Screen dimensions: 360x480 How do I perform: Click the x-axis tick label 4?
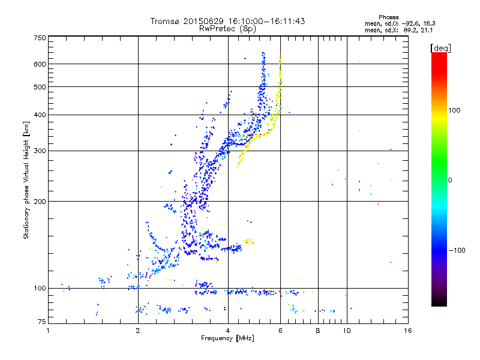click(228, 331)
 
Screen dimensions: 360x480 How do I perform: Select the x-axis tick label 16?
click(407, 331)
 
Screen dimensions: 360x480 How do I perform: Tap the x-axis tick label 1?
click(49, 331)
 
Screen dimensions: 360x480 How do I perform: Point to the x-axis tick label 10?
click(346, 331)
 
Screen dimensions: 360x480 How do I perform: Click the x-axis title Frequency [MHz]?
click(227, 339)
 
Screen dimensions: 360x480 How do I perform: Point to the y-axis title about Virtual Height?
click(26, 178)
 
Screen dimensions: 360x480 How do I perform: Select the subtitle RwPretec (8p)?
click(227, 28)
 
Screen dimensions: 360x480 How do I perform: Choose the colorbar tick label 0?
click(451, 180)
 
